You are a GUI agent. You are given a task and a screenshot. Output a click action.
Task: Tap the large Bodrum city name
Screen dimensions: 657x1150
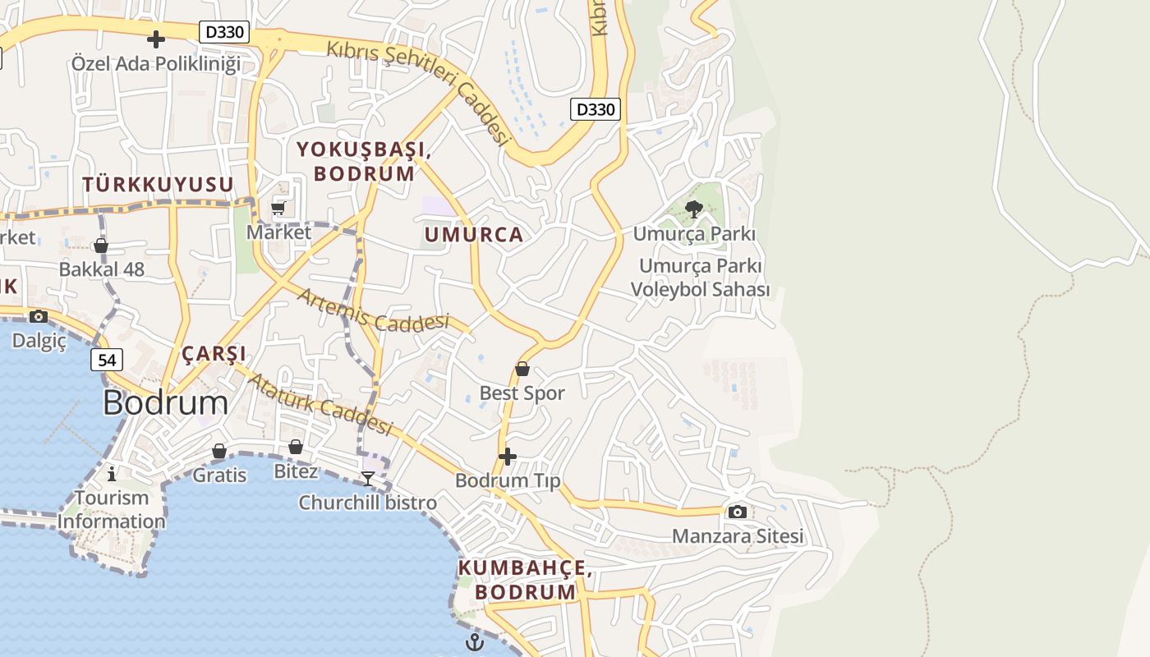pyautogui.click(x=166, y=402)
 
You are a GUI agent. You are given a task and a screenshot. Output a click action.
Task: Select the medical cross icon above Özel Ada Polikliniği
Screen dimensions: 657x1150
pyautogui.click(x=155, y=39)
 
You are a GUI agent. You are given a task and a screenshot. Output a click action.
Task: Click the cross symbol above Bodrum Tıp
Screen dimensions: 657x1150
pyautogui.click(x=508, y=456)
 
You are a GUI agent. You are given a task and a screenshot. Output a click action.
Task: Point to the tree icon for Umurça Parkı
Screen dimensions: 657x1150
pyautogui.click(x=694, y=209)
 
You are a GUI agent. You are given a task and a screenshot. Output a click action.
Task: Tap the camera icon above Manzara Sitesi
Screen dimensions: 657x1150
pyautogui.click(x=738, y=512)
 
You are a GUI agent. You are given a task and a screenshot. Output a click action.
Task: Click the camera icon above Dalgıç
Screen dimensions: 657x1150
pyautogui.click(x=38, y=316)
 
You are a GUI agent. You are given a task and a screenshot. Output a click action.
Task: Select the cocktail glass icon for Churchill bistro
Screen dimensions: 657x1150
pyautogui.click(x=368, y=478)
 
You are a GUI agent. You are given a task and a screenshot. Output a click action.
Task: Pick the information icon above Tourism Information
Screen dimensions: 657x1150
pyautogui.click(x=112, y=474)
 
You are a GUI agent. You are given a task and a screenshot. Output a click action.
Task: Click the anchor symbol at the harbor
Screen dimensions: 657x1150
pyautogui.click(x=475, y=642)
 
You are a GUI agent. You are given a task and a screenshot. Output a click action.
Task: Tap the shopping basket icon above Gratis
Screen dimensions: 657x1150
pyautogui.click(x=219, y=451)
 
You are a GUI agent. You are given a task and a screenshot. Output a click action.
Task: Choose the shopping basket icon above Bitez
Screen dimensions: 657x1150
pyautogui.click(x=296, y=447)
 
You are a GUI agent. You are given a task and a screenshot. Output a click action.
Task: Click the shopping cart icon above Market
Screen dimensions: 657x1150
pyautogui.click(x=278, y=208)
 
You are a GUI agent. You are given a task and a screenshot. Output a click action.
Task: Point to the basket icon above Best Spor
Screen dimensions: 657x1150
pyautogui.click(x=522, y=369)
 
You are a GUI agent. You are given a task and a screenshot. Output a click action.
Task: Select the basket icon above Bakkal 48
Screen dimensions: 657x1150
pyautogui.click(x=101, y=245)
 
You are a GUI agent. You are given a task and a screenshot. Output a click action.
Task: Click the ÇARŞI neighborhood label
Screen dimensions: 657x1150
pyautogui.click(x=214, y=354)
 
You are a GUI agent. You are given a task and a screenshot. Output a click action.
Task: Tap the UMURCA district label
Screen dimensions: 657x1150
pyautogui.click(x=474, y=235)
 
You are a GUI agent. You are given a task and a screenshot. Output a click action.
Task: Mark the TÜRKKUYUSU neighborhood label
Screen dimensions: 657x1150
pyautogui.click(x=158, y=185)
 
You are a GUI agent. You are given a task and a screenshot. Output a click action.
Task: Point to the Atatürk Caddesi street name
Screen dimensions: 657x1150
pyautogui.click(x=320, y=404)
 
